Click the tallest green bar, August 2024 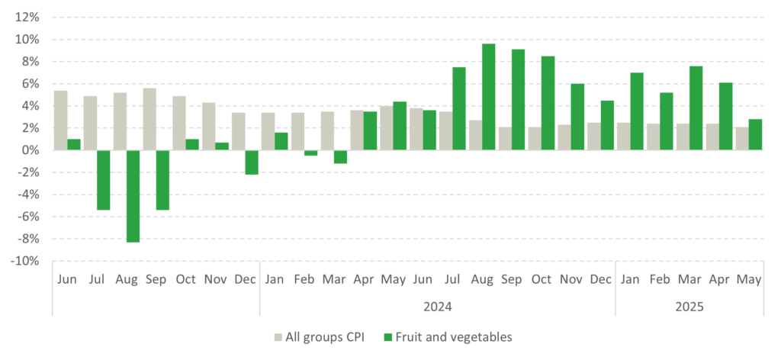point(489,97)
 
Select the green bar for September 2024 point(518,100)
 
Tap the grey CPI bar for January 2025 point(623,136)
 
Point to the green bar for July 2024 point(459,108)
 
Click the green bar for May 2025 point(756,134)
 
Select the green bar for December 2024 point(607,125)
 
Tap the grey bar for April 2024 point(356,130)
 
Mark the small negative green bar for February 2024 point(310,153)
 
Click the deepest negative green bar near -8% point(133,196)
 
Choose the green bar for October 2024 point(548,103)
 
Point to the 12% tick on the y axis point(27,17)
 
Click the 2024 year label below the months point(438,307)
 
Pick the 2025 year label point(689,307)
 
